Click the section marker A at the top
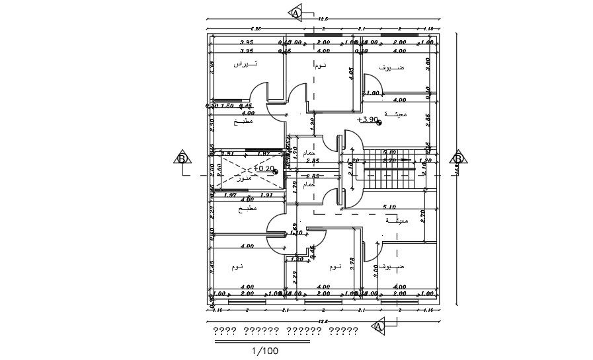pyautogui.click(x=296, y=13)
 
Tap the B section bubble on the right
pyautogui.click(x=457, y=158)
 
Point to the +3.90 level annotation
pyautogui.click(x=368, y=120)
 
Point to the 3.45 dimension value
pyautogui.click(x=212, y=267)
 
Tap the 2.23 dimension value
pyautogui.click(x=212, y=210)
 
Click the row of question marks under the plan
pyautogui.click(x=286, y=330)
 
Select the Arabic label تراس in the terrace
pyautogui.click(x=246, y=64)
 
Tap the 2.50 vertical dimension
pyautogui.click(x=212, y=123)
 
